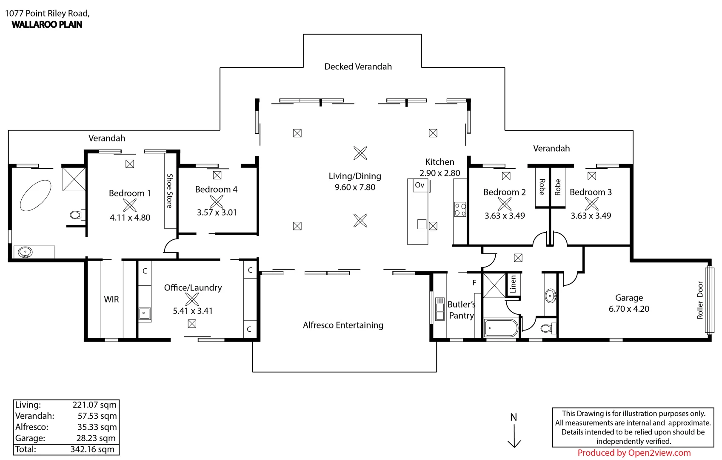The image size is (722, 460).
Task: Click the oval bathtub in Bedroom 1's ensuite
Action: (36, 195)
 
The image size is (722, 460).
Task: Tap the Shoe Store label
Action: (170, 190)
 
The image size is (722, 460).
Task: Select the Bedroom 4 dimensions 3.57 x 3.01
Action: (217, 212)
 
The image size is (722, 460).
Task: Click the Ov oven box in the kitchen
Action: (420, 185)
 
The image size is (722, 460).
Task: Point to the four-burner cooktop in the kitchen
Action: (460, 209)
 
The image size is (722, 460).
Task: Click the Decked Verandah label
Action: (358, 66)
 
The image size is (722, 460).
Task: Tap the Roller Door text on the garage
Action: (700, 300)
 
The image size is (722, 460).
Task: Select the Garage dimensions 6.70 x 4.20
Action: (629, 309)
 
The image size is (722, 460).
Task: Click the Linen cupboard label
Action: (513, 284)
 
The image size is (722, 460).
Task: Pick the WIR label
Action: (111, 299)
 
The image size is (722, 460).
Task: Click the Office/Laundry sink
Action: (144, 313)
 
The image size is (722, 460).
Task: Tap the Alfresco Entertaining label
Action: (343, 325)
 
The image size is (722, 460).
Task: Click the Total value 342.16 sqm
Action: (92, 449)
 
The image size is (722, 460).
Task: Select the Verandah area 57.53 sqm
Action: (97, 416)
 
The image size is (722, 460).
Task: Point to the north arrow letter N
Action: (514, 417)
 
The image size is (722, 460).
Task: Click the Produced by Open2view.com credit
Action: (634, 453)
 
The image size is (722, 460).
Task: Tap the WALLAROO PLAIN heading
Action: (47, 25)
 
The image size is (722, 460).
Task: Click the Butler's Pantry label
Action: (461, 310)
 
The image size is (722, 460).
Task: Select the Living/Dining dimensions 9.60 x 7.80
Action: (355, 187)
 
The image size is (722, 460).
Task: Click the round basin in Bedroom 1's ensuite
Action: (25, 252)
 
